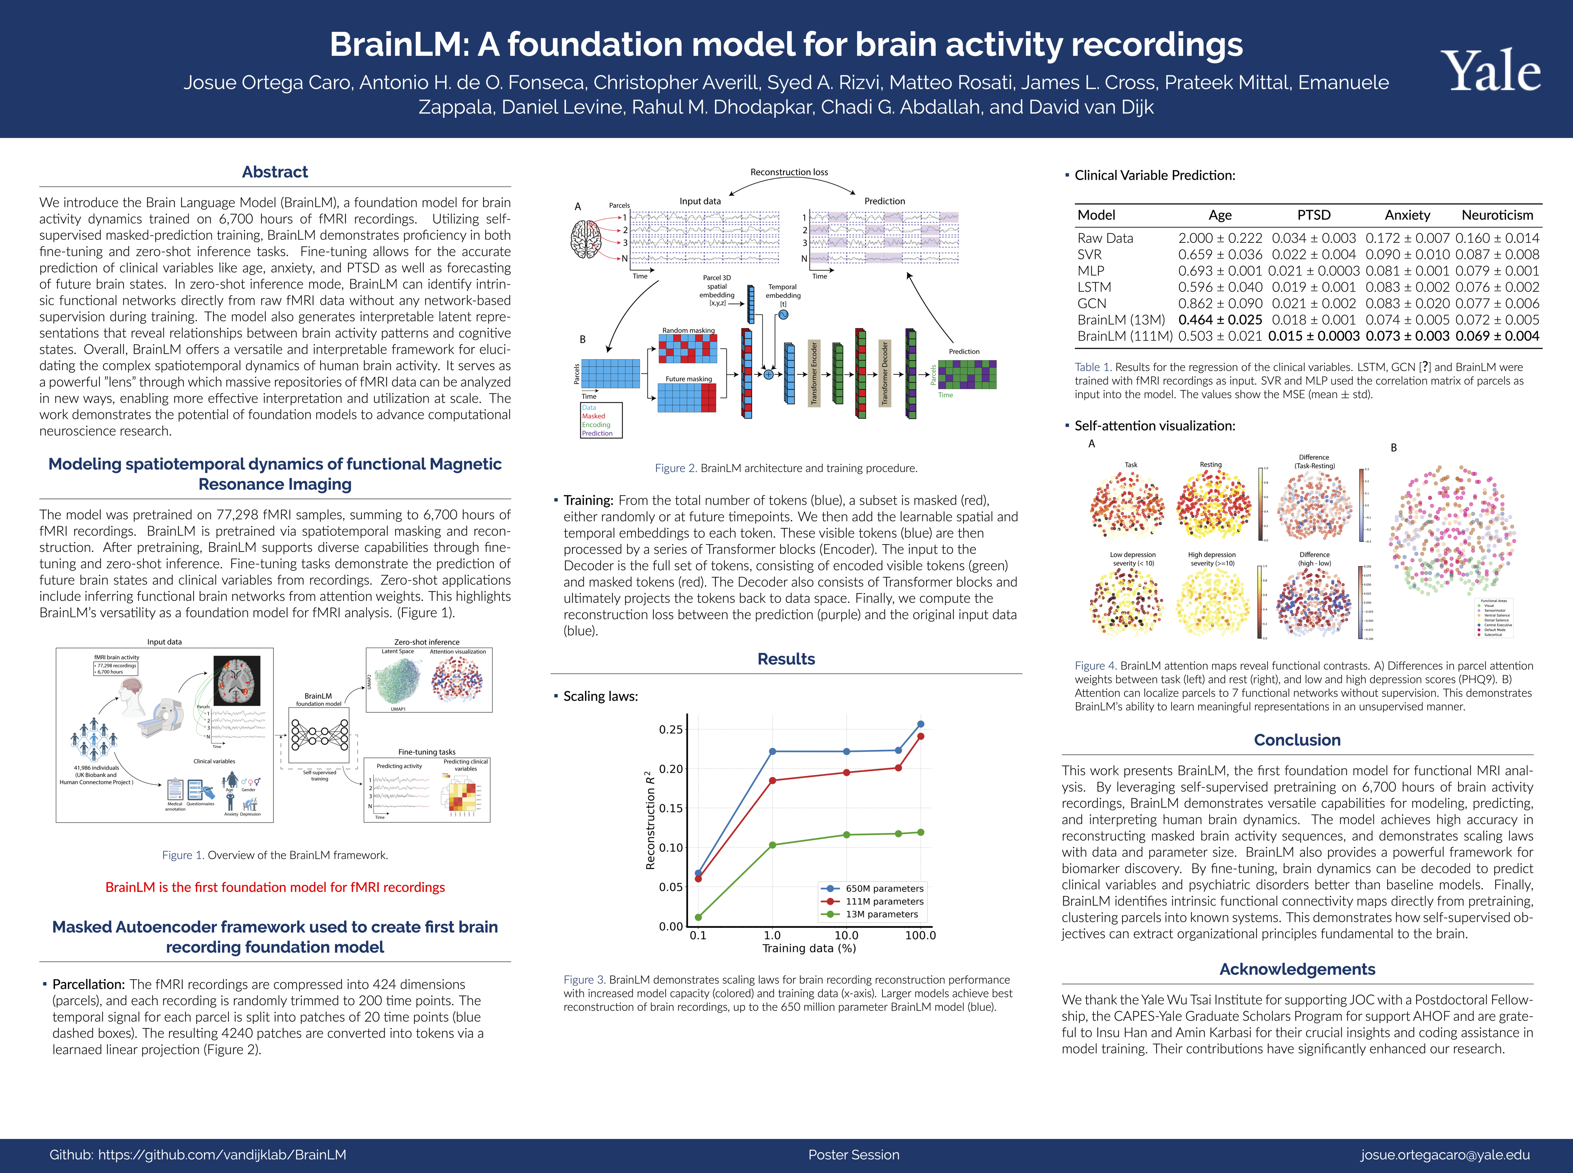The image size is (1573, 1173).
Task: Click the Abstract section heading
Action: (x=275, y=172)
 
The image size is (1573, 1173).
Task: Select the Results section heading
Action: (x=786, y=659)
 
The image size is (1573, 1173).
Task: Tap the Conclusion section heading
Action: (x=1297, y=740)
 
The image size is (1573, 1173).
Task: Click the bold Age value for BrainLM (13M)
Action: (x=1220, y=320)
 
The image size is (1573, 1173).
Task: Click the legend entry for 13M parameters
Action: (x=881, y=914)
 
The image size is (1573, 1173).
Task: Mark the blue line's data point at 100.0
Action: (x=921, y=724)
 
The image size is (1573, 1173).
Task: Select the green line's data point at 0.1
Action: (x=698, y=917)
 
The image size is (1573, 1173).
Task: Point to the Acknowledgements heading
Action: (x=1297, y=969)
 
